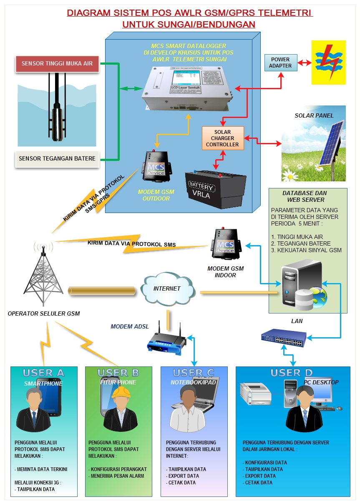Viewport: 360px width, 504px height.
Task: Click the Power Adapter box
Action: coord(280,62)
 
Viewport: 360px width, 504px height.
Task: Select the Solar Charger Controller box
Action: coord(222,138)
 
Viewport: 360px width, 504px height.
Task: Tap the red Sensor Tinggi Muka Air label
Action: coord(57,64)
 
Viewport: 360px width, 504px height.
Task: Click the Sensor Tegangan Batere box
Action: coord(57,158)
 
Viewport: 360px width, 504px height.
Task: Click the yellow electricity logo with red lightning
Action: coord(329,62)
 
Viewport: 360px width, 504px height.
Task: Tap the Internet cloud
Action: coord(167,288)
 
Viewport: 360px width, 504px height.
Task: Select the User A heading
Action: coord(43,373)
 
